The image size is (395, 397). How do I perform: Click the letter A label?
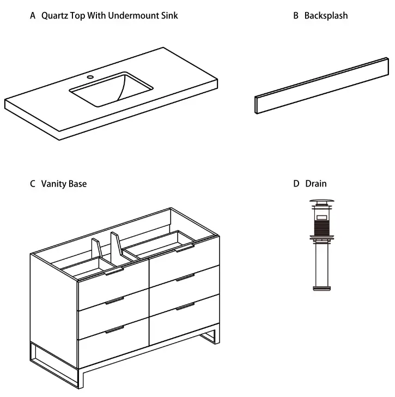point(33,16)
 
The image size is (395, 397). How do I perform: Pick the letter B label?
point(296,16)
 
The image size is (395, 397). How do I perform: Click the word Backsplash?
point(326,16)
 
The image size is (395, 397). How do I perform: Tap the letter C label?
point(33,184)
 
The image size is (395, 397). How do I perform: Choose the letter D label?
point(296,184)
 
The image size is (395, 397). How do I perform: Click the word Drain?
point(316,184)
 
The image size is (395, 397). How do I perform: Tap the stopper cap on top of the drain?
point(321,203)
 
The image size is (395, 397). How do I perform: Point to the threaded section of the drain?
point(321,223)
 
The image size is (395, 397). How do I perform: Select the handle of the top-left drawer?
point(114,272)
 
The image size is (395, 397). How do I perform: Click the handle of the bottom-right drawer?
point(185,306)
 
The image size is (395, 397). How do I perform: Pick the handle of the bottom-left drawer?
point(114,329)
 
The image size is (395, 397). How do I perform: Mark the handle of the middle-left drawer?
point(114,300)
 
